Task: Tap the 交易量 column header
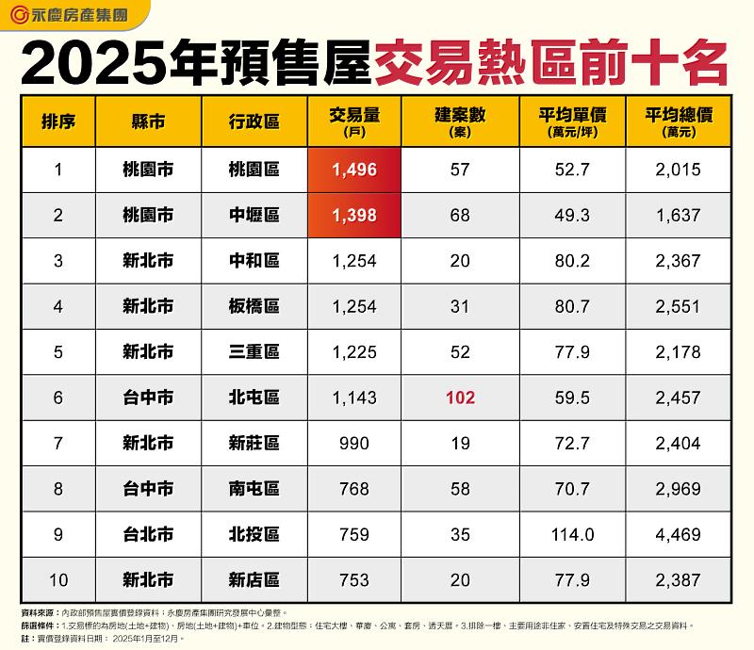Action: click(354, 122)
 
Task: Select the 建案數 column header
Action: click(460, 122)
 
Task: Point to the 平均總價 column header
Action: click(678, 122)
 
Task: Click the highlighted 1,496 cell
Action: click(354, 170)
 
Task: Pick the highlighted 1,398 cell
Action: click(354, 216)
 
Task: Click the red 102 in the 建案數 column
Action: click(460, 398)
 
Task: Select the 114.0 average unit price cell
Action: click(572, 535)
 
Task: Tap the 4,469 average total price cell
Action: click(678, 535)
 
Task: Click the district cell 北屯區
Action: click(254, 398)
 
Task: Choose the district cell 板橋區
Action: click(254, 306)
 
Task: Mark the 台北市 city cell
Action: click(148, 535)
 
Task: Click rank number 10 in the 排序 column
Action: click(57, 580)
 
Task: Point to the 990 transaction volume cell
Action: click(354, 444)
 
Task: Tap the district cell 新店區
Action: click(254, 580)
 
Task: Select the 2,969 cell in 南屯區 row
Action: click(678, 489)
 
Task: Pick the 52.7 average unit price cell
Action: click(572, 170)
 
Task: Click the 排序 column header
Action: click(57, 122)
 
